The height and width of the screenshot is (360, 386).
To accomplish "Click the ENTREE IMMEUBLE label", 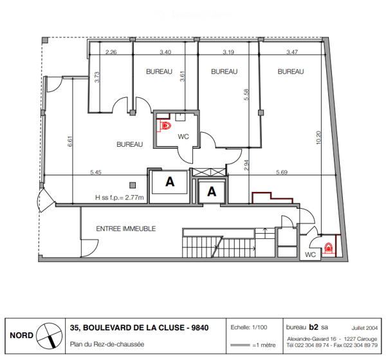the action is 126,229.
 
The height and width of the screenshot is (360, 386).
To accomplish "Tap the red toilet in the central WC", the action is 166,126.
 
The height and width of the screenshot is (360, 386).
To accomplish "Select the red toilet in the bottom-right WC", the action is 328,247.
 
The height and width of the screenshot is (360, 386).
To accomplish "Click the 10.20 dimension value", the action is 318,137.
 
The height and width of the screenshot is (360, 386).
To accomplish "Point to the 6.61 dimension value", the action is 70,142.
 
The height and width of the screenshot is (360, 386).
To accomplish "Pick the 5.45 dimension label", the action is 95,172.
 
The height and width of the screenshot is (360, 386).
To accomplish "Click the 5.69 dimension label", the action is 282,172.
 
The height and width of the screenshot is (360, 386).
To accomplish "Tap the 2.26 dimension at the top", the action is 111,52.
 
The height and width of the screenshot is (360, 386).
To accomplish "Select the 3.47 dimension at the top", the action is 292,52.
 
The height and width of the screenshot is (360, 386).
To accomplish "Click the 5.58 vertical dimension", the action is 246,95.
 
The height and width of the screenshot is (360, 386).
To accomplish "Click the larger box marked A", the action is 170,182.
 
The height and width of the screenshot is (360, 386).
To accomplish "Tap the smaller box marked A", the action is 212,191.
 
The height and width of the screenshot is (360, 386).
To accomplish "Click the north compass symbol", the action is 50,336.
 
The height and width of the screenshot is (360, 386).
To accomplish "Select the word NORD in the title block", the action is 21,336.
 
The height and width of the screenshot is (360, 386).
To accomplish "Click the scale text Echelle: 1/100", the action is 249,327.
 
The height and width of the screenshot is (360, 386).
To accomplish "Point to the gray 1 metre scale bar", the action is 240,345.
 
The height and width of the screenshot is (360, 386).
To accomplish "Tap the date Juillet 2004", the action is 364,328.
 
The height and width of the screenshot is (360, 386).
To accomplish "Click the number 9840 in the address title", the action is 200,328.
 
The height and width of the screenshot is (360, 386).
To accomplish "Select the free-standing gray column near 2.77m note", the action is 133,185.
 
